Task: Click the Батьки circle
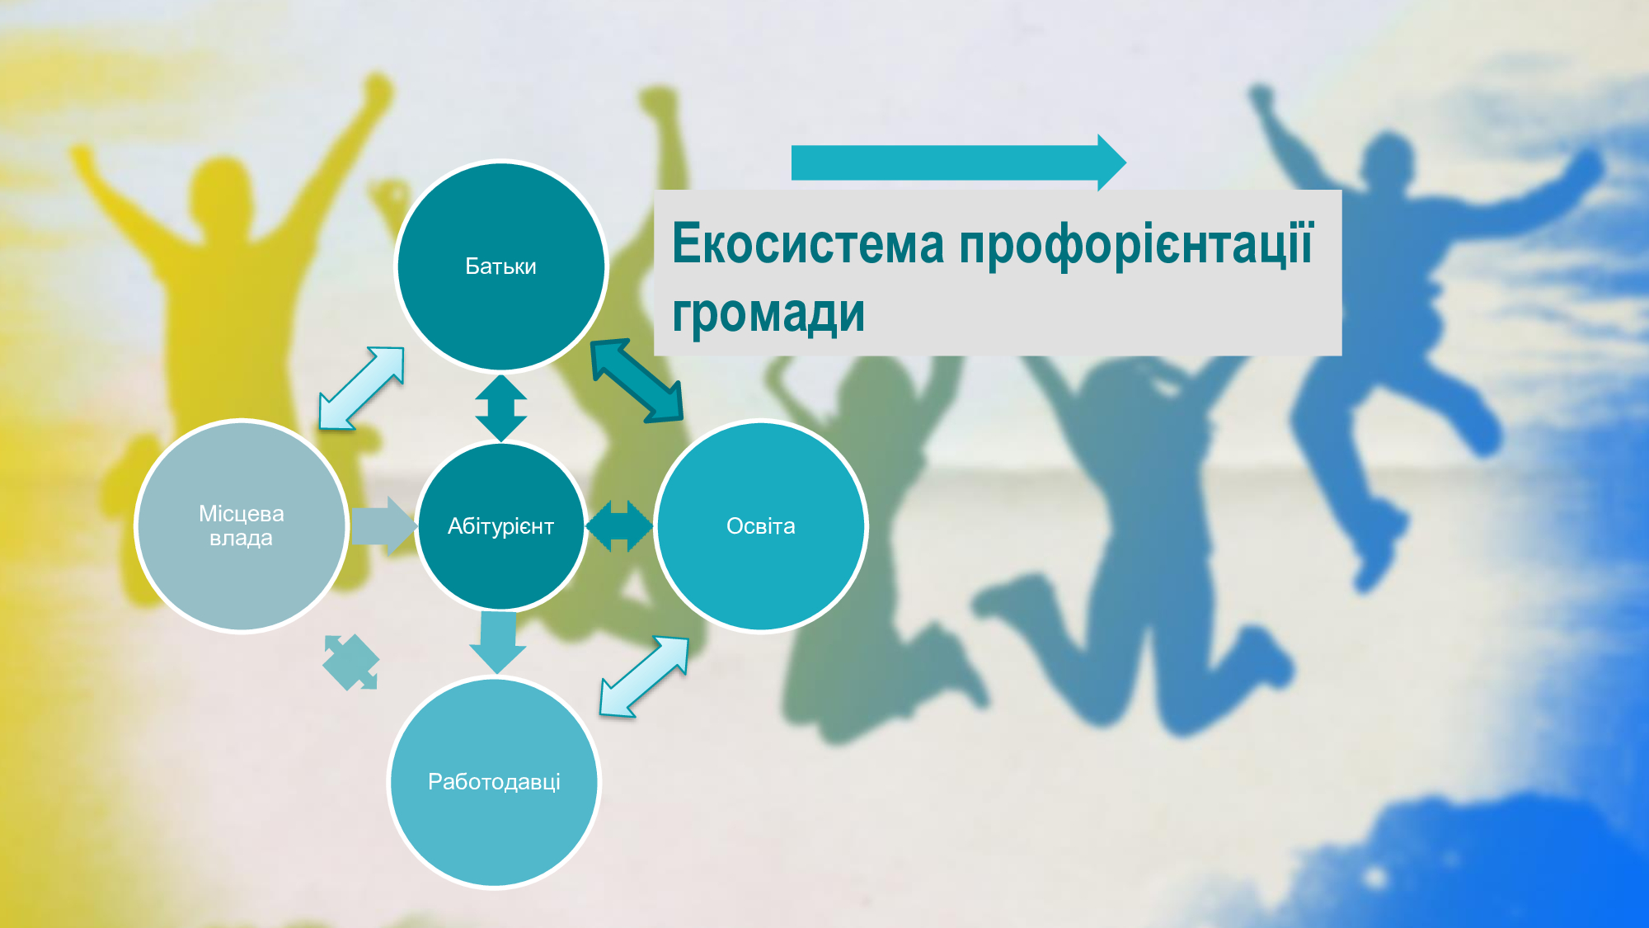[501, 266]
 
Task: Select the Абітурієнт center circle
[501, 526]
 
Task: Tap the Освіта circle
[761, 526]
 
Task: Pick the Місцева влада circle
[242, 526]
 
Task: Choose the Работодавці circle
[495, 782]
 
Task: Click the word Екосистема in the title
[808, 244]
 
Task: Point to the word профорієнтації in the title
[1135, 246]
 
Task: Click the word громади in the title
[768, 314]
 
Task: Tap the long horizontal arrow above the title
[959, 163]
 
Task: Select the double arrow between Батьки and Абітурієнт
[501, 408]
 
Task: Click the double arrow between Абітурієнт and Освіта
[619, 526]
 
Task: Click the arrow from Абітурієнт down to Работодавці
[498, 643]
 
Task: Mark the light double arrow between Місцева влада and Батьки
[362, 388]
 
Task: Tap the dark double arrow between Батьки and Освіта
[637, 380]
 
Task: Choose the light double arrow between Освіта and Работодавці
[644, 676]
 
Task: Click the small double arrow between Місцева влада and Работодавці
[351, 662]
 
